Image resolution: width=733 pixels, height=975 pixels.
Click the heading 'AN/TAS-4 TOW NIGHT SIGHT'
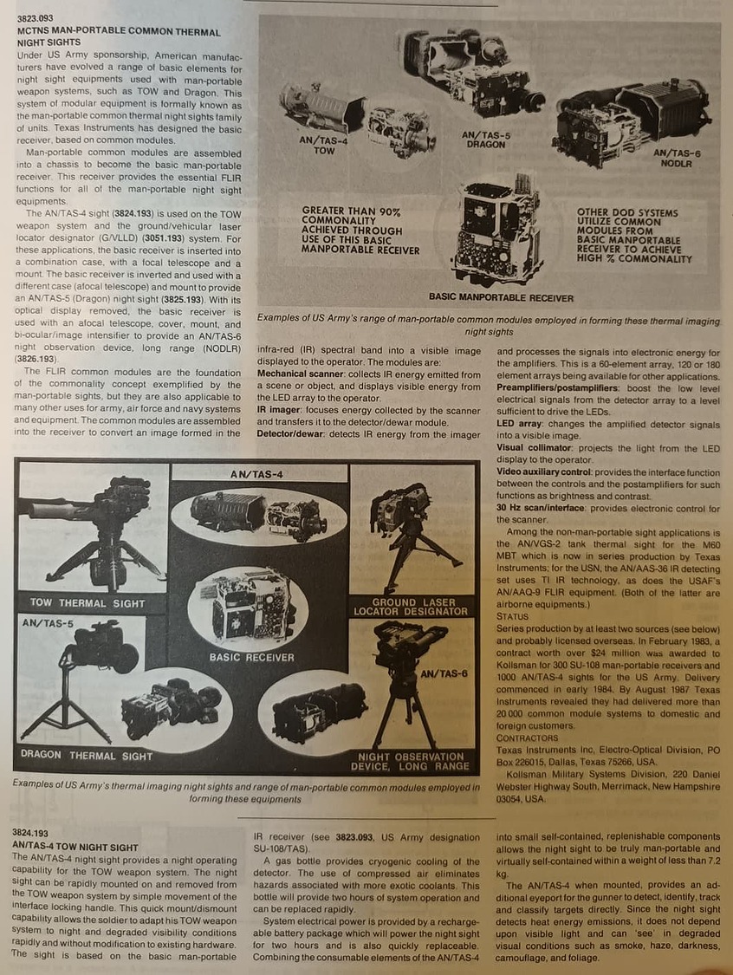coord(75,847)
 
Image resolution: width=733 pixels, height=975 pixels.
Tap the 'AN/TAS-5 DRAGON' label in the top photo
coord(486,140)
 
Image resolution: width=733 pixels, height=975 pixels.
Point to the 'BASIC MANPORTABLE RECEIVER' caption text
coord(501,298)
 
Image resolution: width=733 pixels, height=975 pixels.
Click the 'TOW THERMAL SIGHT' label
coord(88,603)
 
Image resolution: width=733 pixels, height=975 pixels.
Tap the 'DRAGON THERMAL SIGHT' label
coord(87,756)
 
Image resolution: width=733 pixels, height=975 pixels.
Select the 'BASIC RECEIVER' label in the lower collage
coord(252,657)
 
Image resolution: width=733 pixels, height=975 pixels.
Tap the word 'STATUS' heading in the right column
coord(512,617)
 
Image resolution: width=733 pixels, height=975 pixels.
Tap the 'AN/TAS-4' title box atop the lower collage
coord(256,474)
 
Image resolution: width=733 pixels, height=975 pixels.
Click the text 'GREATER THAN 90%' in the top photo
coord(351,211)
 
